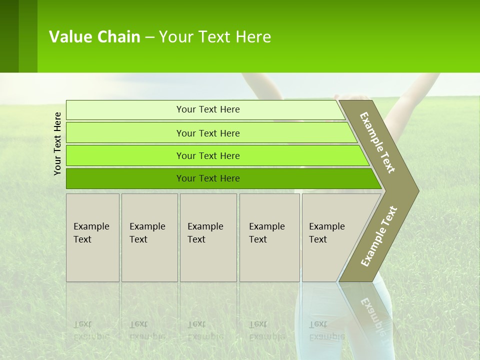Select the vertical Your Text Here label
[x=57, y=143]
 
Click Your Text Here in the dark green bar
[x=208, y=178]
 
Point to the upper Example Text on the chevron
[x=377, y=143]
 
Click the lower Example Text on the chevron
[x=379, y=236]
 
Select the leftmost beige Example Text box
[x=92, y=237]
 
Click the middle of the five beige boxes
[x=208, y=237]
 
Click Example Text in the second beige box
[x=147, y=233]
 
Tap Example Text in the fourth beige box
[x=266, y=233]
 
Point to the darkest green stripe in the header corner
[x=9, y=36]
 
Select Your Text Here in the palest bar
[x=208, y=109]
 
